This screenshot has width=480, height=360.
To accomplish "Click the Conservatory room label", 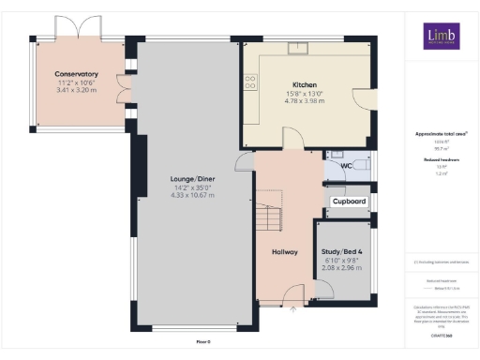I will coord(77,73).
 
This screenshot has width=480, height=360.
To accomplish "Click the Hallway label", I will coord(285,251).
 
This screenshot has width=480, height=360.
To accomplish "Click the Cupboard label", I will coord(349,202).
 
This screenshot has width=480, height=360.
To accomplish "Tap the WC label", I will coord(346,166).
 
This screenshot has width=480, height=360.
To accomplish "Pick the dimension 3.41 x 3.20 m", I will coord(77,90).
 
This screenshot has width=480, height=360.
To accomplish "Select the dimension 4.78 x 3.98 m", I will coord(306,100).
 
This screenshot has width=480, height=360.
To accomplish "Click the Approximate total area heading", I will coord(441,134).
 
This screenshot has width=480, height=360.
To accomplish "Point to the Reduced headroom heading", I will coord(441,160).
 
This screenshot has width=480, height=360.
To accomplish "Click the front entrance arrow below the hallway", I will coord(292,307).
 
